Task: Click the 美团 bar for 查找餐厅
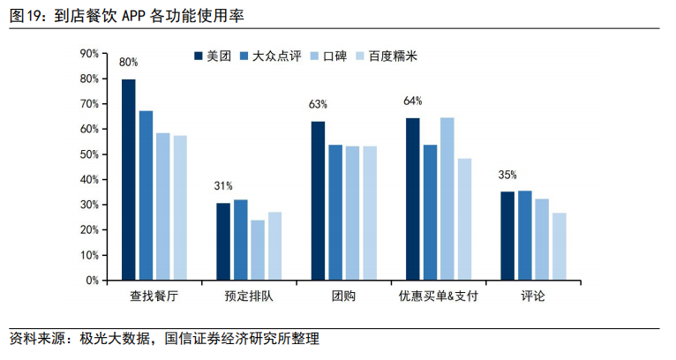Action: [x=129, y=179]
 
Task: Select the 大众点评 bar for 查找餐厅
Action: [x=146, y=195]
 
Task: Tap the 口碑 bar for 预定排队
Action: [x=258, y=250]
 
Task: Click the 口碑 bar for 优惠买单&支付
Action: [x=447, y=199]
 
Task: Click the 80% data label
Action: [x=129, y=63]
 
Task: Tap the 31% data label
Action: [x=223, y=186]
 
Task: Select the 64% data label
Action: [x=412, y=101]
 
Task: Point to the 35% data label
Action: [x=507, y=175]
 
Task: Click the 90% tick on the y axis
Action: [x=89, y=54]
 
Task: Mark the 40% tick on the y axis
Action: [x=89, y=179]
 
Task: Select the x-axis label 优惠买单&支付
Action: [x=439, y=296]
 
